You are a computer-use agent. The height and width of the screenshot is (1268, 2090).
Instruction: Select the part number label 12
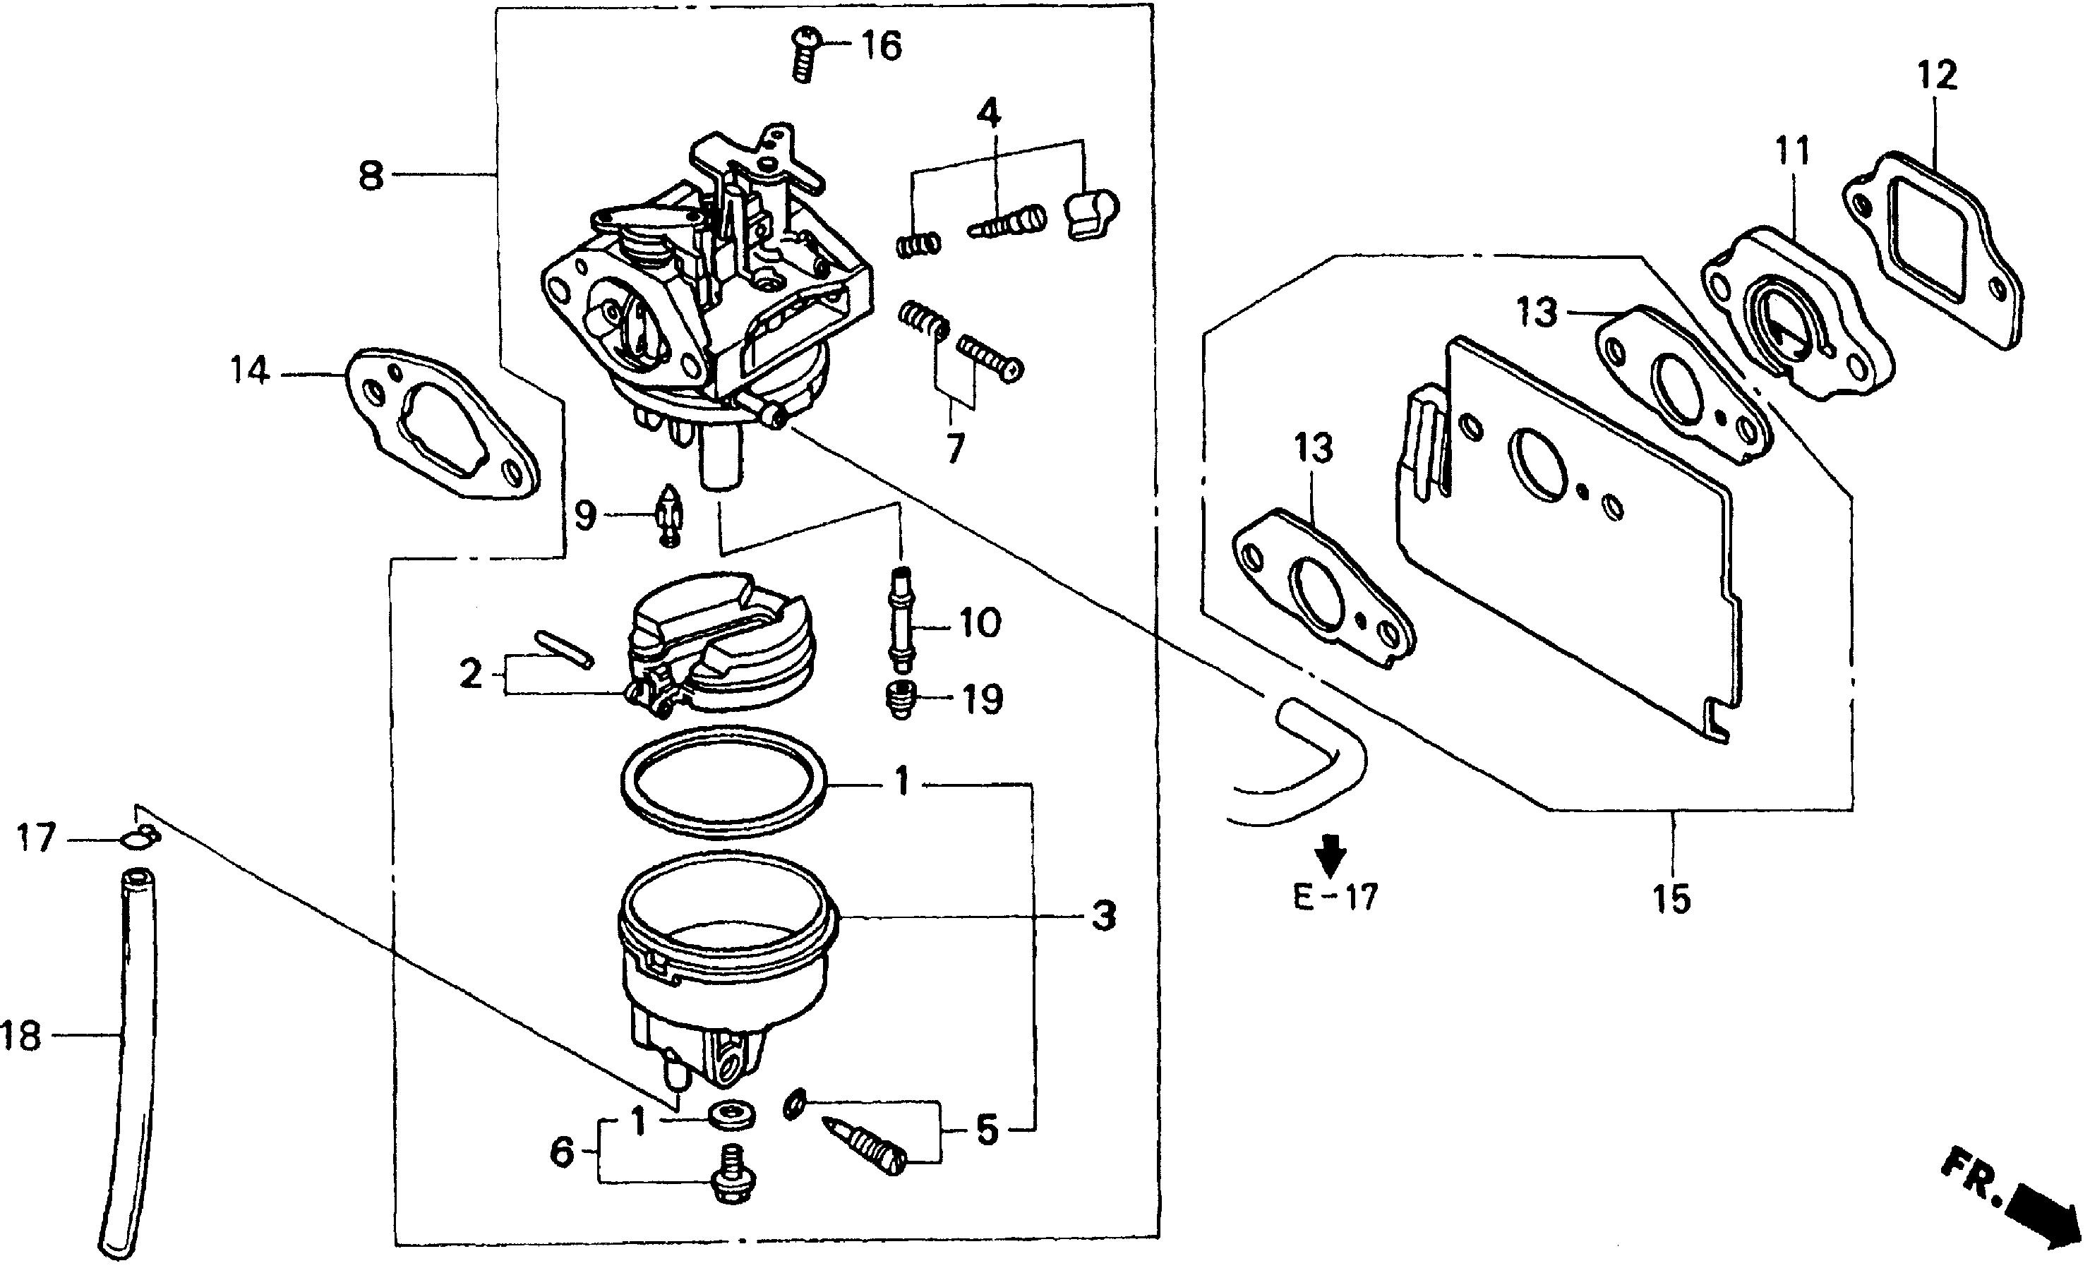[x=1938, y=76]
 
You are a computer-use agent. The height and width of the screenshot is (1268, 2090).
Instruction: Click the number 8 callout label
[x=371, y=176]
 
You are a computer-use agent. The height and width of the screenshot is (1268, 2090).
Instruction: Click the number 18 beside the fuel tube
[x=20, y=1036]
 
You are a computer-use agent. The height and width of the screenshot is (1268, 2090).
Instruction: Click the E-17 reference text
[x=1336, y=897]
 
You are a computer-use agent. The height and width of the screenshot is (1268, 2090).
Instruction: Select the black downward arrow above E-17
[x=1333, y=852]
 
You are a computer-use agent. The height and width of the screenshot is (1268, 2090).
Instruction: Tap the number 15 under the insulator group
[x=1672, y=898]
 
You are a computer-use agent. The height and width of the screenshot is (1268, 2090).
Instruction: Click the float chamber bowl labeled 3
[x=725, y=975]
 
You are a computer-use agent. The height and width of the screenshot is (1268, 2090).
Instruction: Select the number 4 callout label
[x=989, y=113]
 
